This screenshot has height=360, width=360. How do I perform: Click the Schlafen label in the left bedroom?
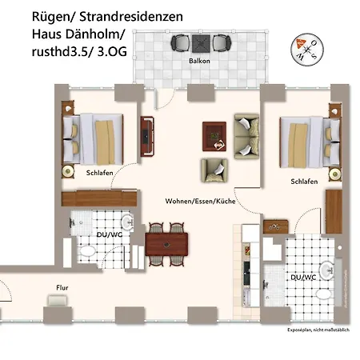point(99,172)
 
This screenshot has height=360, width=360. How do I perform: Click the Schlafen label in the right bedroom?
point(305,182)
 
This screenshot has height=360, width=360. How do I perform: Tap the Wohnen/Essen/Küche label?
point(200,201)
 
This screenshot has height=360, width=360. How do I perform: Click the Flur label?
point(62,286)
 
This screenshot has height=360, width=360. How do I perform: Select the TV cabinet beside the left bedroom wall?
point(146,137)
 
